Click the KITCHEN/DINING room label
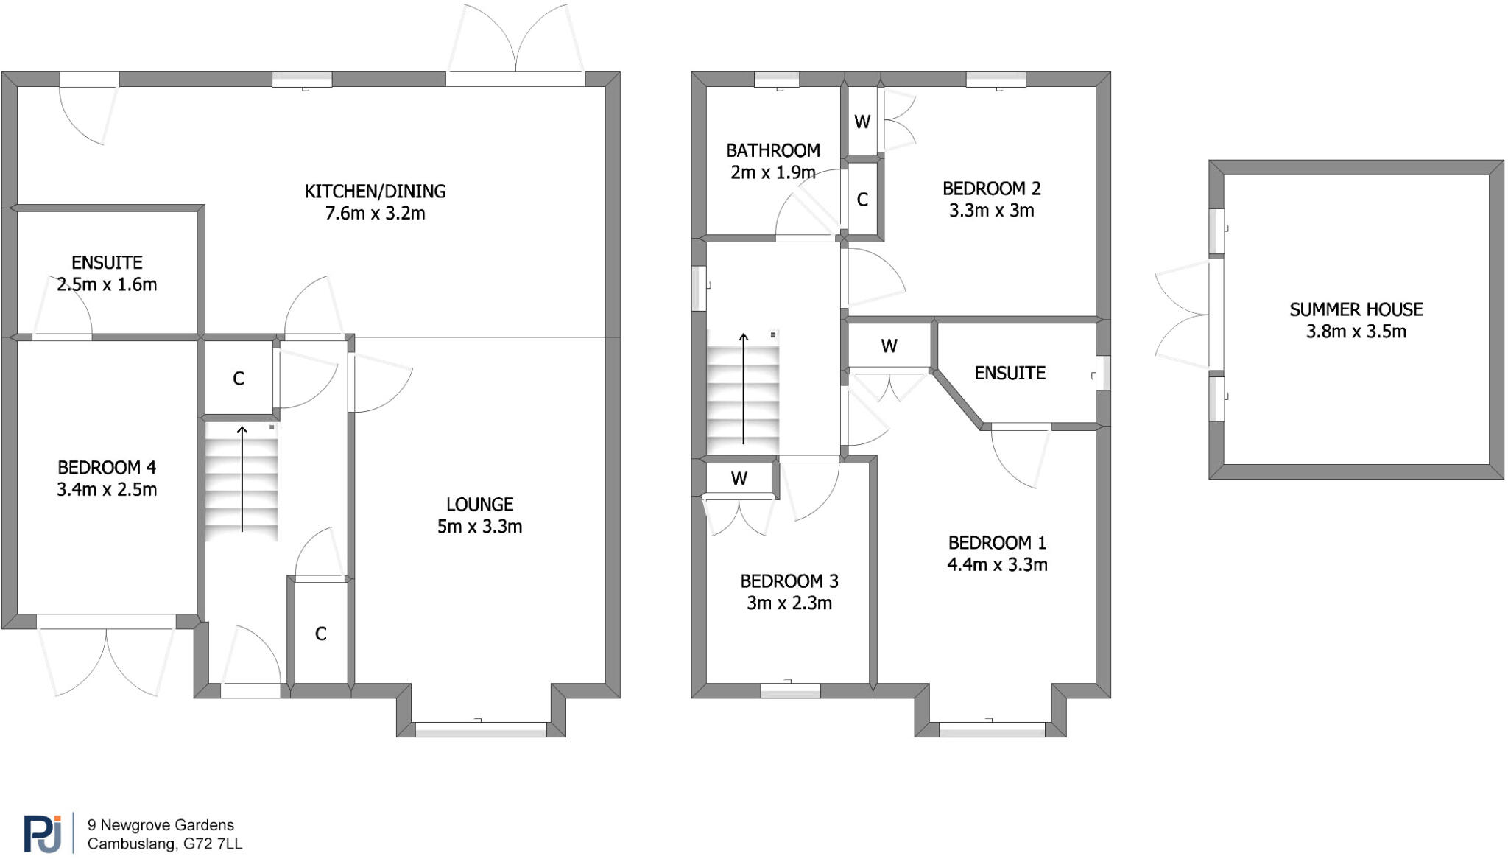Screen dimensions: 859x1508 375,192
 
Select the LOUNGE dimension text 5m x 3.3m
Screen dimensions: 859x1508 479,527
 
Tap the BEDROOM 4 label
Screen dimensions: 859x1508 107,468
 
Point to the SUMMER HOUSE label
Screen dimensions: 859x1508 1356,309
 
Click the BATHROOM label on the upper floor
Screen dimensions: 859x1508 772,151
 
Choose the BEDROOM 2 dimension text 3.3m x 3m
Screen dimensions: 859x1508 991,211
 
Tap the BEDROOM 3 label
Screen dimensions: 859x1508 789,581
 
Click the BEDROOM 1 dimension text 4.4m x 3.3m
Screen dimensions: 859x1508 997,565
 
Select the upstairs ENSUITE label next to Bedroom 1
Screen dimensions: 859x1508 1010,374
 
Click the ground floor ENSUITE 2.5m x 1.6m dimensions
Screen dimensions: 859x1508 107,284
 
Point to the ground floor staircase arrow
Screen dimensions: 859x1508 242,479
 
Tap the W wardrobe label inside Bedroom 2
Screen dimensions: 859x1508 862,122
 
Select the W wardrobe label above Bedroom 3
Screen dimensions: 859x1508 739,479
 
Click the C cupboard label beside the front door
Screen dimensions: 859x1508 320,634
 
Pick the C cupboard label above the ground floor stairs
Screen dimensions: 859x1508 239,379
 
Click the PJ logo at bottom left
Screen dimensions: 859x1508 42,834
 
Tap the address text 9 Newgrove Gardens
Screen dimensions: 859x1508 161,825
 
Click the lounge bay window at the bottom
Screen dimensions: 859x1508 481,729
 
